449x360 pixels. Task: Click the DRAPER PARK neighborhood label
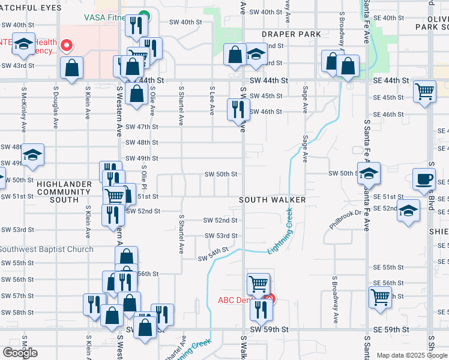tap(291, 34)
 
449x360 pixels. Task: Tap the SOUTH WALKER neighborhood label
tap(273, 199)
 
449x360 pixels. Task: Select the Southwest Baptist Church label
tap(46, 249)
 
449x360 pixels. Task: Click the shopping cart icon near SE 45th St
tap(424, 92)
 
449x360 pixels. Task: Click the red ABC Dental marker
tap(270, 298)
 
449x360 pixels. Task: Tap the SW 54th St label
tap(214, 254)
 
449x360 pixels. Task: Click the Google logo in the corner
tap(20, 352)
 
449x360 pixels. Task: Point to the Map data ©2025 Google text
tap(412, 355)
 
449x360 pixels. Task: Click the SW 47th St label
tap(142, 127)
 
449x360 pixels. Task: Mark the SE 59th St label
tap(391, 329)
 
